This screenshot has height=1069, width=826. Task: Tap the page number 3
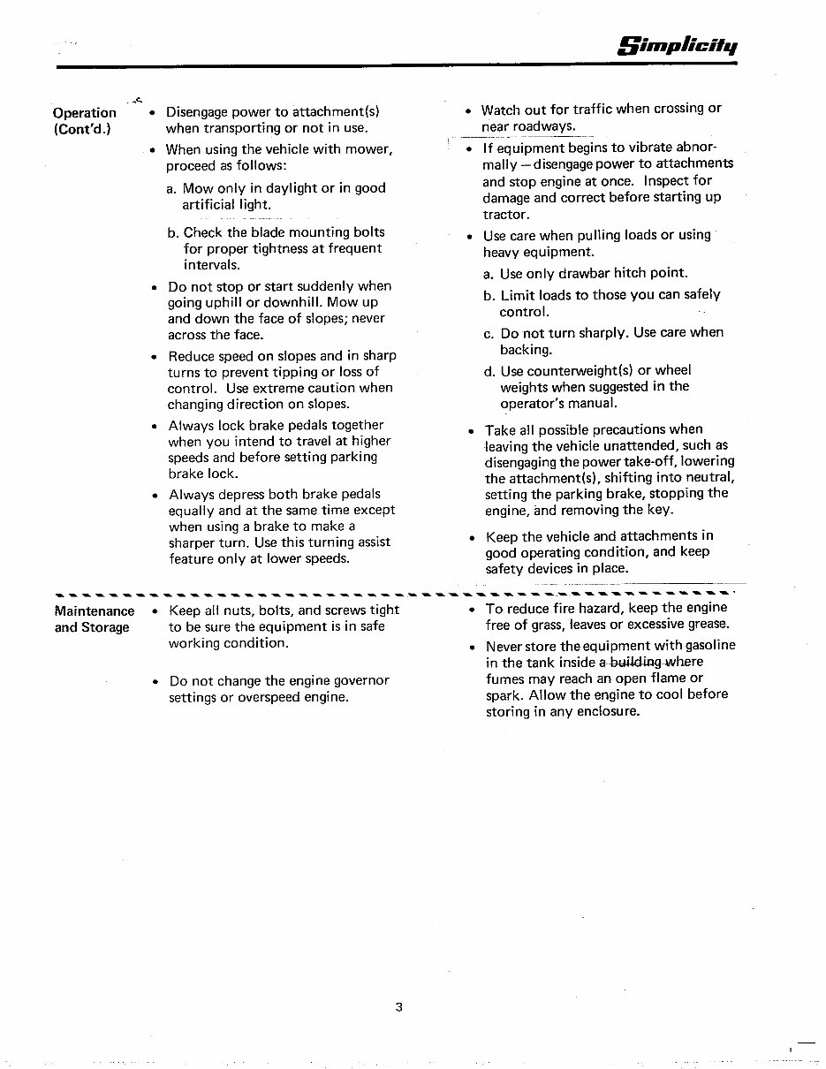point(399,1006)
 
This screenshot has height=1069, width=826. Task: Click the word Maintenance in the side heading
point(95,611)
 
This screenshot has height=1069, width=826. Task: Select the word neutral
point(708,477)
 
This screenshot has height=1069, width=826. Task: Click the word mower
point(368,150)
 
